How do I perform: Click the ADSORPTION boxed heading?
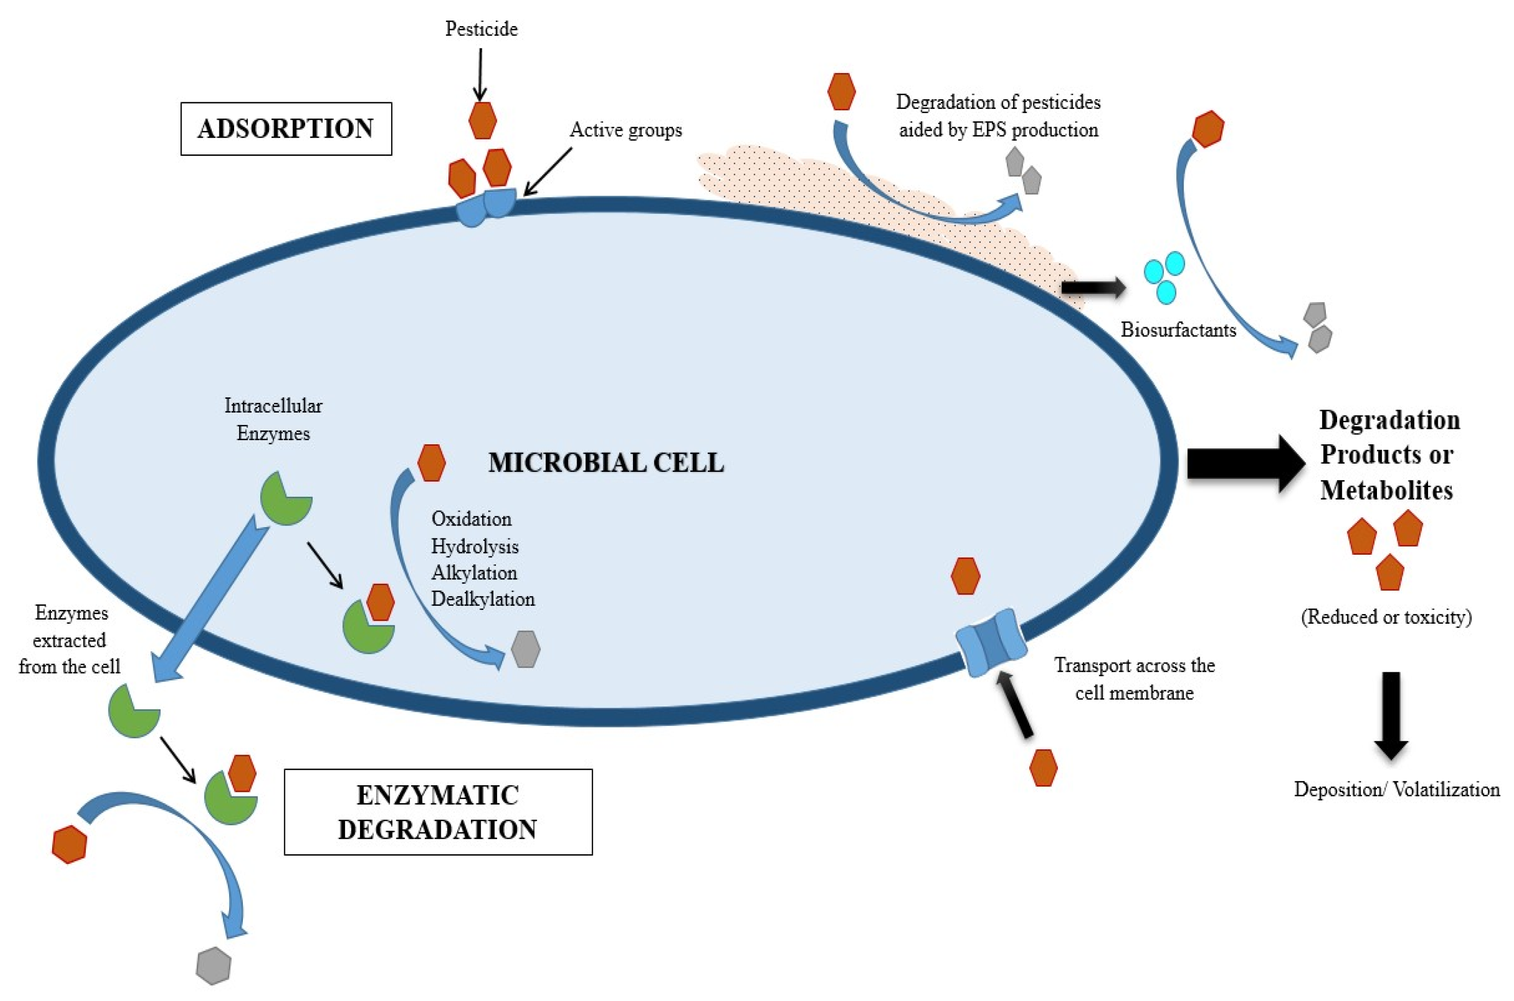(x=285, y=129)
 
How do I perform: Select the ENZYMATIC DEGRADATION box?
(x=438, y=811)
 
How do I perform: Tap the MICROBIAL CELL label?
(x=605, y=463)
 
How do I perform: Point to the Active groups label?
(x=625, y=130)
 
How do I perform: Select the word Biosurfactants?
(x=1178, y=330)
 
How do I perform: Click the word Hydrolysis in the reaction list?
(x=474, y=547)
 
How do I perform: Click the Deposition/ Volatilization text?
(x=1396, y=790)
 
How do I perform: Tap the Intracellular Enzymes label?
(x=274, y=419)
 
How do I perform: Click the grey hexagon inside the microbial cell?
(x=526, y=649)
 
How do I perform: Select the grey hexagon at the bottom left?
(x=213, y=966)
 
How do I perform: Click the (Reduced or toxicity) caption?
(x=1386, y=617)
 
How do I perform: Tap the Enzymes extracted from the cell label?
(x=70, y=640)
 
